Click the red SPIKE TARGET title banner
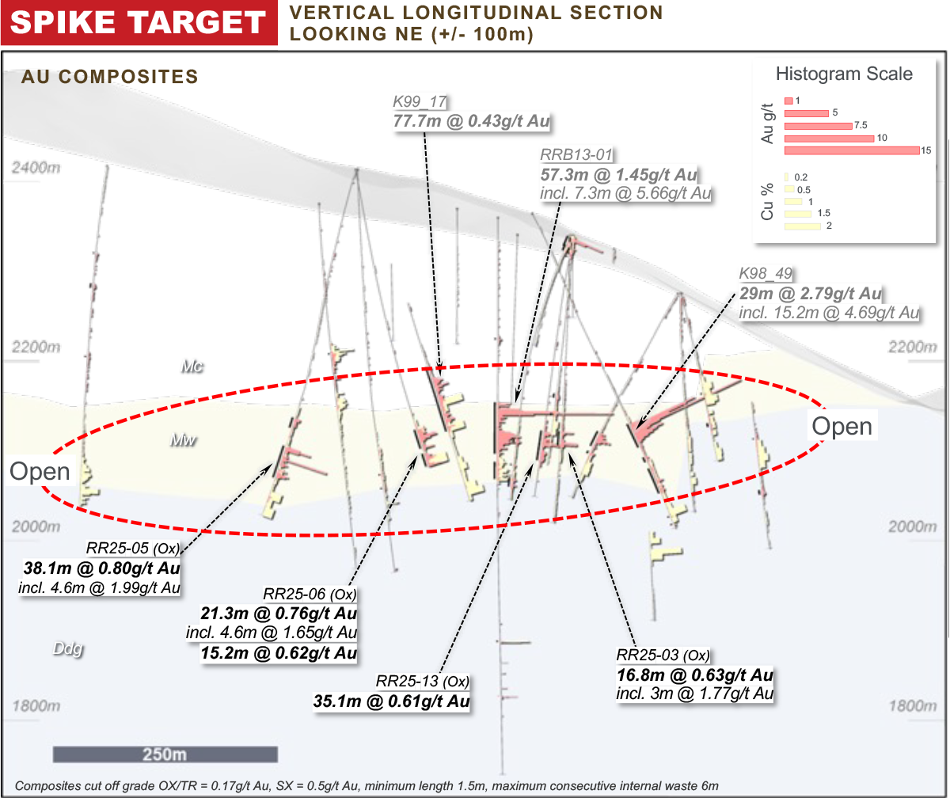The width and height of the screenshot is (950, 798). pyautogui.click(x=139, y=22)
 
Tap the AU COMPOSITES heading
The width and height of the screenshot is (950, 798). pyautogui.click(x=110, y=77)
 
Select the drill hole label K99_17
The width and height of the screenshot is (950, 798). pyautogui.click(x=420, y=101)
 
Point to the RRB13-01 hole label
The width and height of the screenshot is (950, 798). pyautogui.click(x=576, y=154)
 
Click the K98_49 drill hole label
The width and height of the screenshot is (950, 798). pyautogui.click(x=766, y=273)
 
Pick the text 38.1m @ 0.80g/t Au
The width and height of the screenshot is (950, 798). pyautogui.click(x=102, y=568)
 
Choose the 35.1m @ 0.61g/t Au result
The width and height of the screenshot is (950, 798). pyautogui.click(x=391, y=701)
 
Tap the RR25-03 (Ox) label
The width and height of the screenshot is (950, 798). pyautogui.click(x=663, y=655)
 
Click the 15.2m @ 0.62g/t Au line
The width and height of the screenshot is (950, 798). pyautogui.click(x=279, y=653)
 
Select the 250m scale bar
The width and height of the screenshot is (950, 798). pyautogui.click(x=165, y=754)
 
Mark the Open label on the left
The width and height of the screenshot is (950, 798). pyautogui.click(x=40, y=471)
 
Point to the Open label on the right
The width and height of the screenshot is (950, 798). pyautogui.click(x=842, y=426)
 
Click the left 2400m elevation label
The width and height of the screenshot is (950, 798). pyautogui.click(x=36, y=168)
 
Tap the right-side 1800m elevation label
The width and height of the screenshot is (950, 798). pyautogui.click(x=913, y=706)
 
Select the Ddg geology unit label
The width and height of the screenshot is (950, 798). pyautogui.click(x=68, y=649)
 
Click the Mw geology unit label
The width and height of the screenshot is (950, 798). pyautogui.click(x=183, y=440)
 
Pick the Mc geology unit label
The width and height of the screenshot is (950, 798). pyautogui.click(x=192, y=367)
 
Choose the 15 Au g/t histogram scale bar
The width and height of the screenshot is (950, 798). pyautogui.click(x=852, y=150)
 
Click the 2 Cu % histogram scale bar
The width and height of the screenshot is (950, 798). pyautogui.click(x=802, y=226)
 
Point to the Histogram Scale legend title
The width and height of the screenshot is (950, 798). pyautogui.click(x=844, y=74)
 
